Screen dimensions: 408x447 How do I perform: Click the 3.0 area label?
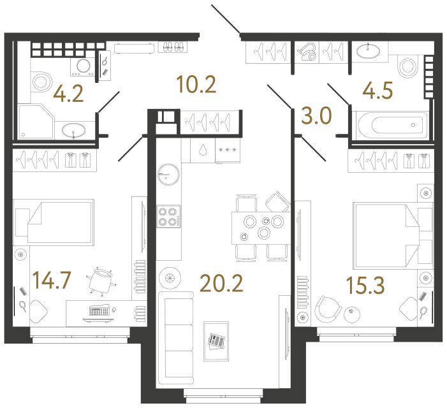tap(316, 115)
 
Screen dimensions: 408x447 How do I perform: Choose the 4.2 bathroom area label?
tap(68, 94)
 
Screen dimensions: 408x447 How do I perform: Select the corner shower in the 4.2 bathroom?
tap(37, 122)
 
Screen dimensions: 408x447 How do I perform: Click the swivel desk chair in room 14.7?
tap(101, 281)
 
